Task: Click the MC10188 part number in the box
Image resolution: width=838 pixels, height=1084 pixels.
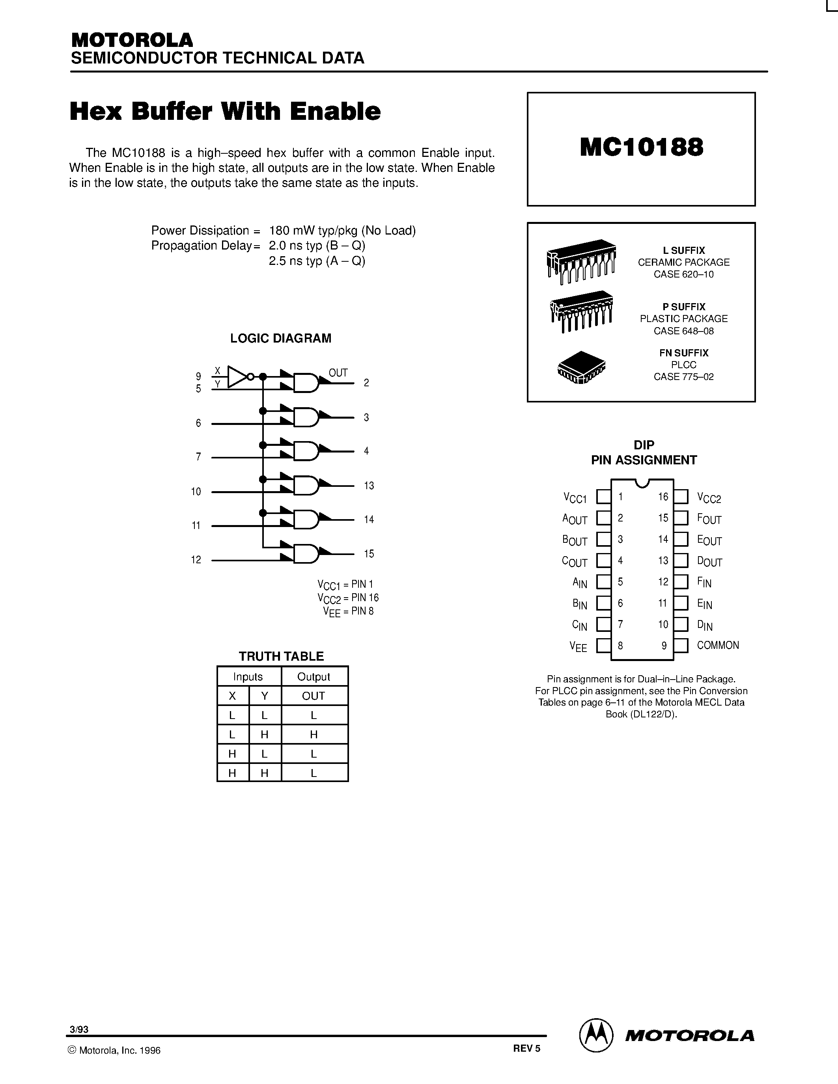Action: (641, 147)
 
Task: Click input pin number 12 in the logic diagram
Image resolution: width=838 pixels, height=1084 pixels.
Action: (196, 560)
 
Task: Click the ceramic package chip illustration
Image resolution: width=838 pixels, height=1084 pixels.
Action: (581, 261)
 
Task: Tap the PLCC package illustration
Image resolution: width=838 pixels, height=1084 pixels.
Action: (581, 368)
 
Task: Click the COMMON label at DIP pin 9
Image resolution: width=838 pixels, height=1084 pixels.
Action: (718, 645)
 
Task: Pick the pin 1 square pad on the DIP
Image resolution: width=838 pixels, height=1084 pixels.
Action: (603, 497)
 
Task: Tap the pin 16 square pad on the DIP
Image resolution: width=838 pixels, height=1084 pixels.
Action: (681, 497)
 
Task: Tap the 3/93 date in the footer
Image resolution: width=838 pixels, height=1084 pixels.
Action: (79, 1029)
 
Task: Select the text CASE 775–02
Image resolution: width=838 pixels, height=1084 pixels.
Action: (683, 377)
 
